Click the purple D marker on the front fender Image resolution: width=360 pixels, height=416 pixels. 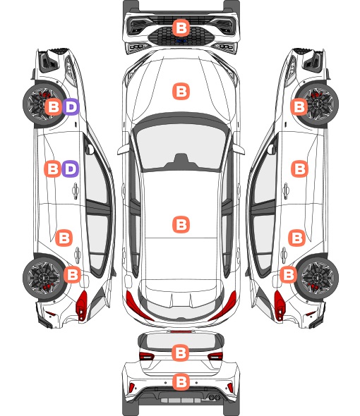click(x=71, y=106)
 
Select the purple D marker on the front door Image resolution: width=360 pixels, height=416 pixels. click(x=70, y=169)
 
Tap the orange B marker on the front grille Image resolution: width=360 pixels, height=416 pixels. click(x=181, y=27)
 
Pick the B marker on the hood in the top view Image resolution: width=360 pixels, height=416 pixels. click(x=181, y=91)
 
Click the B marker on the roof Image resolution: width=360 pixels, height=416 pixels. click(x=181, y=224)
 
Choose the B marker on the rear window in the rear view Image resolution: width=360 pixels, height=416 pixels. click(x=181, y=353)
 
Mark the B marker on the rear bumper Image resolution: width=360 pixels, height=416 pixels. click(x=181, y=382)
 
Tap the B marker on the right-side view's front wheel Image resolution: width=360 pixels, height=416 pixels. click(x=299, y=106)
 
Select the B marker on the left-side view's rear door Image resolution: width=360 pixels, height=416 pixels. click(x=64, y=238)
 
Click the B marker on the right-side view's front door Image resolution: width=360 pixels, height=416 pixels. click(x=300, y=169)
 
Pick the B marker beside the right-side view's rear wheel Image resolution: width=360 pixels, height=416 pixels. click(x=288, y=274)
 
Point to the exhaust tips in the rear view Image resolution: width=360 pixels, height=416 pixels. click(x=213, y=398)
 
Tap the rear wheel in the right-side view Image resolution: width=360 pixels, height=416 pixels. click(x=318, y=277)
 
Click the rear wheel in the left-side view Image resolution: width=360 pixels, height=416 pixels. click(x=44, y=277)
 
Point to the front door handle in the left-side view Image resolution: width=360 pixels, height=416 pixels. click(x=76, y=190)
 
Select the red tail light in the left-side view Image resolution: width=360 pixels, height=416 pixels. click(x=82, y=305)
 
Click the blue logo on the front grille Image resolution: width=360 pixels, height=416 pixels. click(x=181, y=41)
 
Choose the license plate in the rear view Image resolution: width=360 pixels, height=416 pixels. click(x=181, y=400)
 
